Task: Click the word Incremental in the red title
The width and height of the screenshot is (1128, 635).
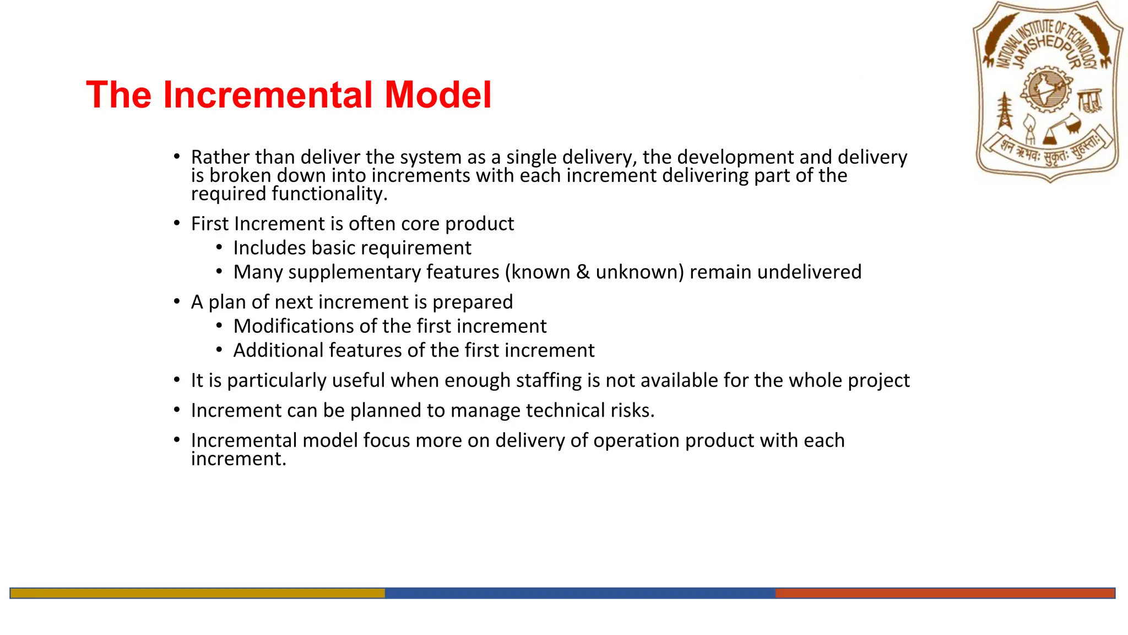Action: (268, 95)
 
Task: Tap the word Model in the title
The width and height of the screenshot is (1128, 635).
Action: (438, 95)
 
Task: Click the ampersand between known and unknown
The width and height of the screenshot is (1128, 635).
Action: (583, 272)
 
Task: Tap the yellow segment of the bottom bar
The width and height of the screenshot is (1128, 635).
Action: (198, 593)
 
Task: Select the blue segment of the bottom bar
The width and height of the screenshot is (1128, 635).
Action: (580, 593)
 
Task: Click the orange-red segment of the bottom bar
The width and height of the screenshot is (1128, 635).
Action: (945, 593)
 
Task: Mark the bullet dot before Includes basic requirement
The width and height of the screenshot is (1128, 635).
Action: (219, 248)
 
